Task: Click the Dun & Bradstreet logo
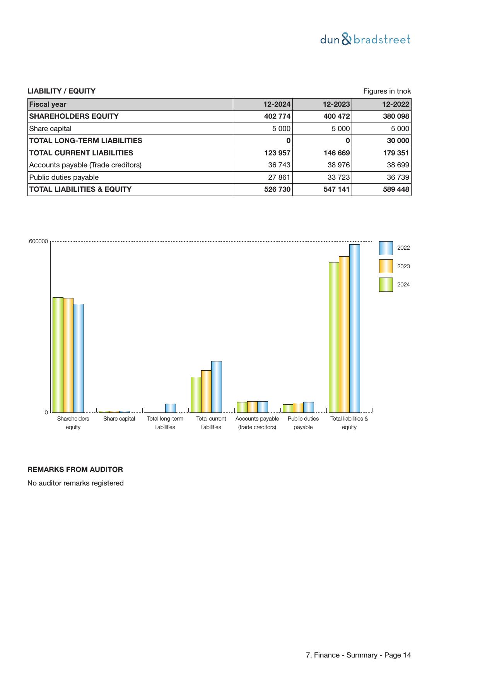pos(365,39)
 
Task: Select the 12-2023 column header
pos(336,104)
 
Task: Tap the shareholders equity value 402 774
pos(277,116)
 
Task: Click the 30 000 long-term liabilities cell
pos(398,141)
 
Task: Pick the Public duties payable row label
pos(64,177)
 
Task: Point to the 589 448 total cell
pos(396,189)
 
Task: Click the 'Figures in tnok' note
pos(387,91)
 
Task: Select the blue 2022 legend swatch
pos(386,248)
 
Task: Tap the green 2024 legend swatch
pos(386,284)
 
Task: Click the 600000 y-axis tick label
pos(38,241)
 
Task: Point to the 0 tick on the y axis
pos(46,412)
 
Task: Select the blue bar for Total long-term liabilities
pos(170,408)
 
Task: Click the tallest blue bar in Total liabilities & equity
pos(354,329)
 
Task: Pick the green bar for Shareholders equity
pos(58,355)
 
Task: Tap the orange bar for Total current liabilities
pos(206,391)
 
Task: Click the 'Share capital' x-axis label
pos(119,419)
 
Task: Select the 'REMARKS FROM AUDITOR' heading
pos(75,470)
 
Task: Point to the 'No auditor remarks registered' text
pos(75,483)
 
